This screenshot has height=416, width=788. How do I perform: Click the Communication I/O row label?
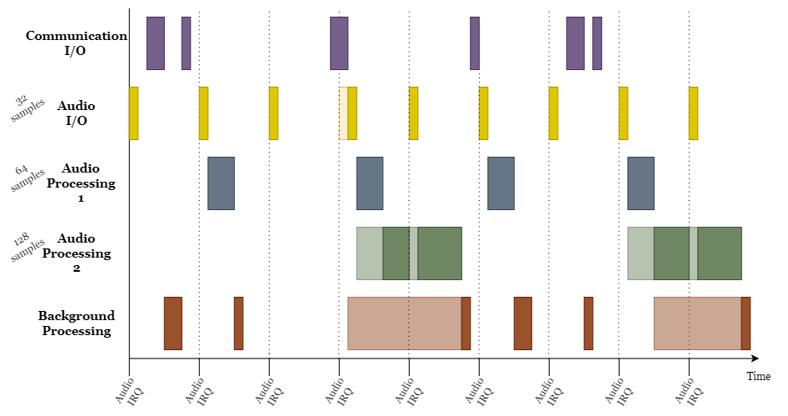[x=77, y=43]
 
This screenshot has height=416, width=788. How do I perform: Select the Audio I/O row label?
[x=76, y=113]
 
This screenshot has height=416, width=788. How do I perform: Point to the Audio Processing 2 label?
[x=76, y=253]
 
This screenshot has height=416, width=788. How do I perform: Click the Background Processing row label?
[x=76, y=323]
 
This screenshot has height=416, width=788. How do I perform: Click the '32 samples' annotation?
[x=27, y=108]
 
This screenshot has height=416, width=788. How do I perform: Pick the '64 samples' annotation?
[x=27, y=178]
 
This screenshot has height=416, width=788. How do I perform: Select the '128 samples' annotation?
[x=27, y=248]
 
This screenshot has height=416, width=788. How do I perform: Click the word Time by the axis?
[x=758, y=377]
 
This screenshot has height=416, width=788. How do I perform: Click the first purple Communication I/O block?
[x=155, y=43]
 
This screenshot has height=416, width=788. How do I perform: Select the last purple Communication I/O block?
[x=596, y=43]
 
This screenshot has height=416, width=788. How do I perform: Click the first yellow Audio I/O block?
[x=133, y=113]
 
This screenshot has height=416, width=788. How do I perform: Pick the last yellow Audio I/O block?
[x=693, y=113]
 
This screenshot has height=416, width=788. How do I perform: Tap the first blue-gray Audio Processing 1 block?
[x=221, y=183]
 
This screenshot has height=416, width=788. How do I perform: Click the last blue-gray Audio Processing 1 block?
[x=641, y=183]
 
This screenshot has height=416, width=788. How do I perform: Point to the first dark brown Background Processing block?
[x=172, y=323]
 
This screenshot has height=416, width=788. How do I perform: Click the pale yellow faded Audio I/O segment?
[x=343, y=113]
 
